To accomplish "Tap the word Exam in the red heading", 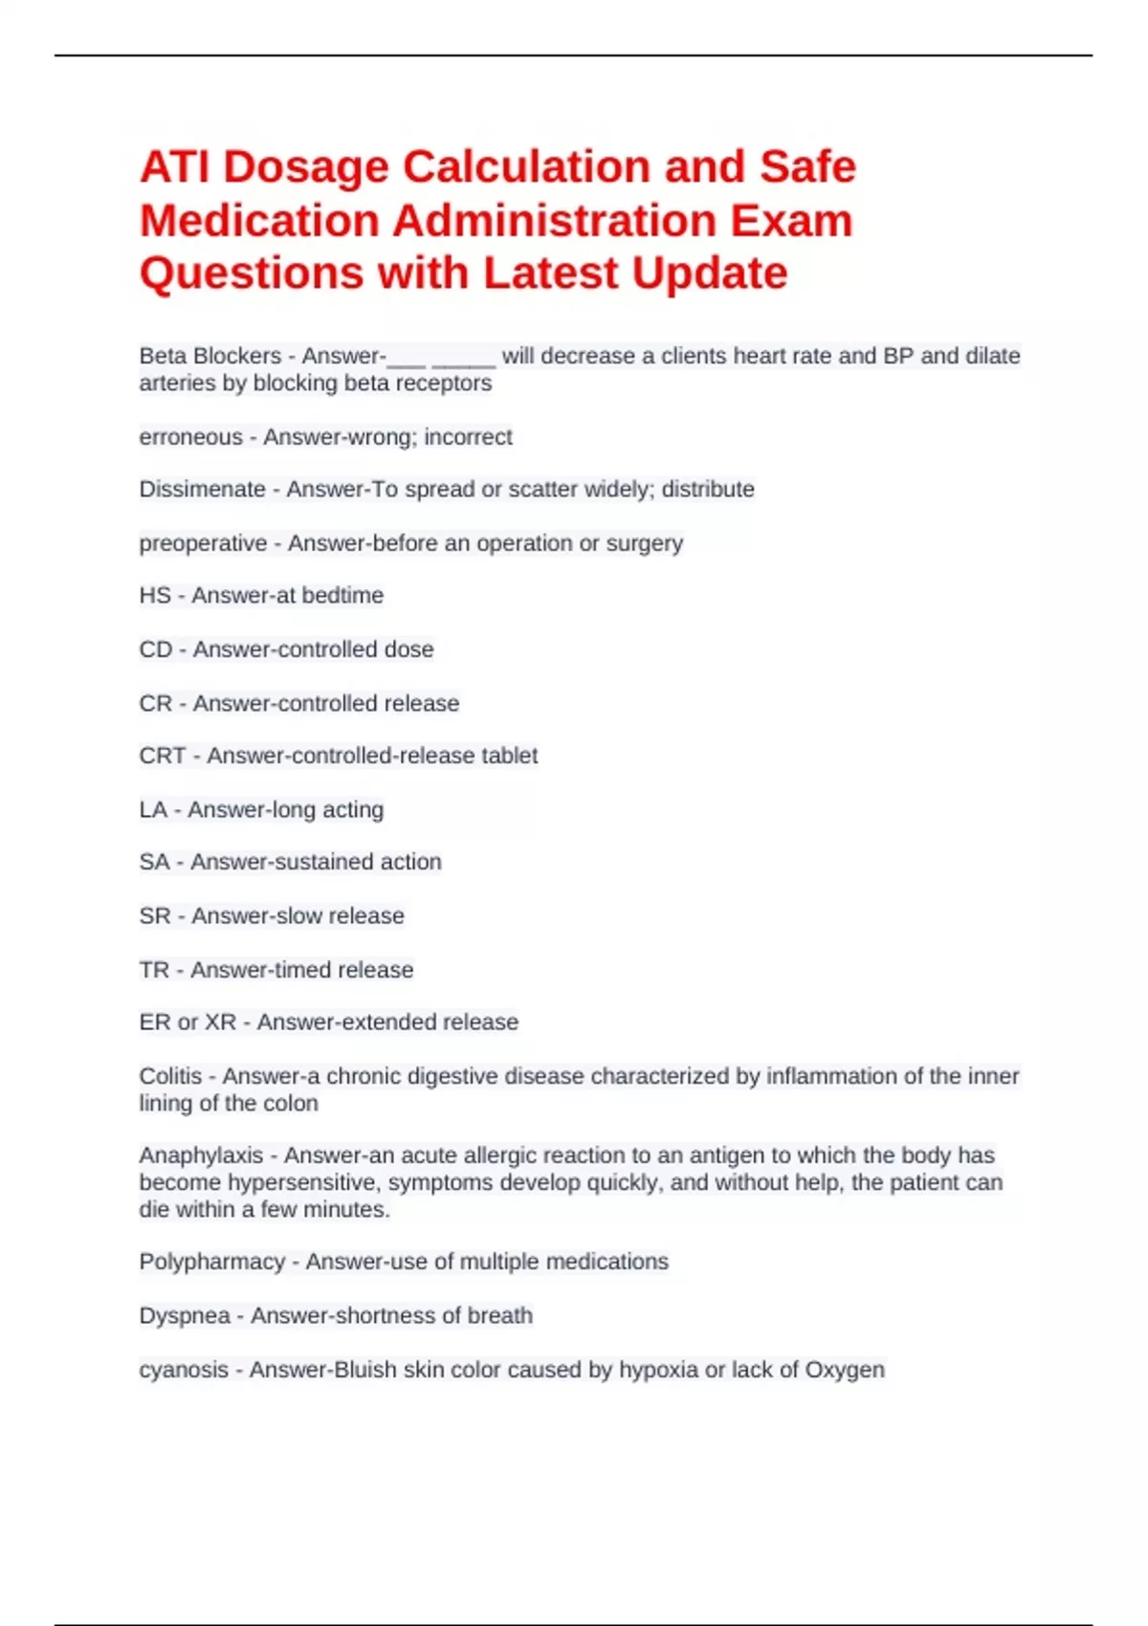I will [791, 221].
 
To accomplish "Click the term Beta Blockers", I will [210, 356].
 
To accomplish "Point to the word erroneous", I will [190, 437].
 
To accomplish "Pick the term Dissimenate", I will [202, 490].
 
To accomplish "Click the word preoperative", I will [203, 543].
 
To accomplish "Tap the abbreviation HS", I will [155, 596].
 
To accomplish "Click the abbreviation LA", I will [153, 810].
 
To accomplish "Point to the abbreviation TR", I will [154, 970].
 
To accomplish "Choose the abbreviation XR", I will [220, 1022].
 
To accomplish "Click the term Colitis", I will [170, 1076].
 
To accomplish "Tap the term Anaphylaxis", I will [201, 1155].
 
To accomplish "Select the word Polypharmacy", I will [212, 1262].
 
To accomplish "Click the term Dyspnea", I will [185, 1316].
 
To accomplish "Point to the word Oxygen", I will [845, 1370].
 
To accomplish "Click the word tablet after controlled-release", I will [509, 756].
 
